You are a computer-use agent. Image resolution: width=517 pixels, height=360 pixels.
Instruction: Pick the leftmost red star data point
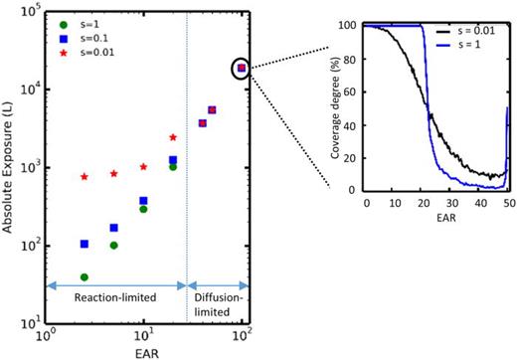(x=85, y=177)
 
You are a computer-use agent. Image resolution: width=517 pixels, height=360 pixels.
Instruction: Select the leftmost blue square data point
(x=85, y=244)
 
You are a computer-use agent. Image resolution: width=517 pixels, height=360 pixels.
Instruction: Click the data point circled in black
(x=241, y=68)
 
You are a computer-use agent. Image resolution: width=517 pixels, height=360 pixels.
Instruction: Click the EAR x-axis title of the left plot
(x=144, y=350)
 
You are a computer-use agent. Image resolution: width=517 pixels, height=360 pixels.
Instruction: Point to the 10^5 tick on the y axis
(x=31, y=11)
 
